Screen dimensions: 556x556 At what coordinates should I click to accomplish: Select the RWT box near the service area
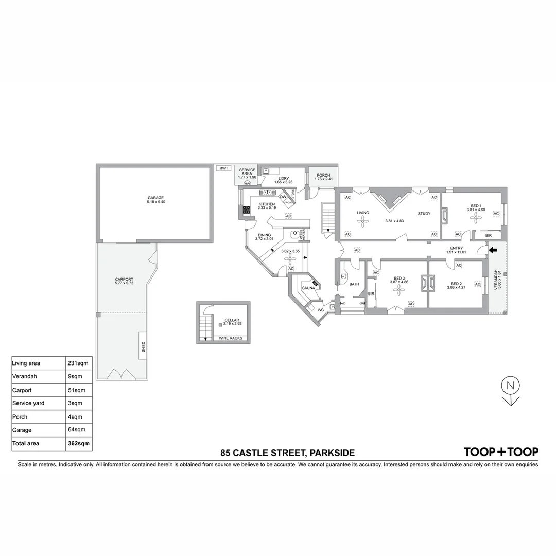click(x=223, y=168)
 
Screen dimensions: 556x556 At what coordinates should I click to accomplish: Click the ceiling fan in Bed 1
click(x=473, y=218)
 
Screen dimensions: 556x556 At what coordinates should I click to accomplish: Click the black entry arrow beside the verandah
click(x=493, y=250)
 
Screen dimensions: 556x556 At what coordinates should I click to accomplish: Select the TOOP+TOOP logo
click(x=501, y=452)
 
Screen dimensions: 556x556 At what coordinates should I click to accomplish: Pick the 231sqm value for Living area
click(x=78, y=363)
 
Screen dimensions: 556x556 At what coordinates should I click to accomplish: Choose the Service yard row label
click(x=29, y=403)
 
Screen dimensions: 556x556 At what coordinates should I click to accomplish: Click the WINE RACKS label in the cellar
click(x=231, y=338)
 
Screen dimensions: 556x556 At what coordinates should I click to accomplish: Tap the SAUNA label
click(x=308, y=288)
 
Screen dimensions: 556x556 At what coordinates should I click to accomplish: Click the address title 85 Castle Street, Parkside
click(x=287, y=453)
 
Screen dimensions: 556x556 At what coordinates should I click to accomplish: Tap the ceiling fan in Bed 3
click(x=397, y=290)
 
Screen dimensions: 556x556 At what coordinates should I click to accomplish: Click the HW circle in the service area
click(x=247, y=183)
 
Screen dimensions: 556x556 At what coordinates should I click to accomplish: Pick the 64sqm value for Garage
click(x=76, y=430)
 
